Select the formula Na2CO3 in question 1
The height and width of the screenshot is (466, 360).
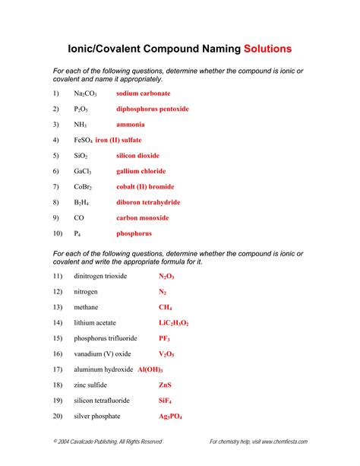(85, 94)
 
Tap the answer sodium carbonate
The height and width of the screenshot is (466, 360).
(144, 94)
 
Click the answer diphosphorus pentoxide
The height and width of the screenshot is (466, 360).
(153, 109)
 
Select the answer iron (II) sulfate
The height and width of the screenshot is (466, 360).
(118, 140)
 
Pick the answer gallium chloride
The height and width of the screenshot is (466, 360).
(141, 171)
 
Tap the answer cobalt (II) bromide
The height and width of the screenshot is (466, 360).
(144, 187)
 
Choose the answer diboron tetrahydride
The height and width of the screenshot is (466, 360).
(148, 202)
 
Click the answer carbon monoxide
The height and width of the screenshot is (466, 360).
(143, 218)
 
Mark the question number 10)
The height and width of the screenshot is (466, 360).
(58, 233)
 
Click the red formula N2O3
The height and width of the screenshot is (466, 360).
(166, 276)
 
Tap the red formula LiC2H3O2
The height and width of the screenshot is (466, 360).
(173, 323)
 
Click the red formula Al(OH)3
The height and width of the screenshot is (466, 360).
(150, 369)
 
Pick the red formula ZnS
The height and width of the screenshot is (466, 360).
(165, 385)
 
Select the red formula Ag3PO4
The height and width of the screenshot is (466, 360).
(170, 417)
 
